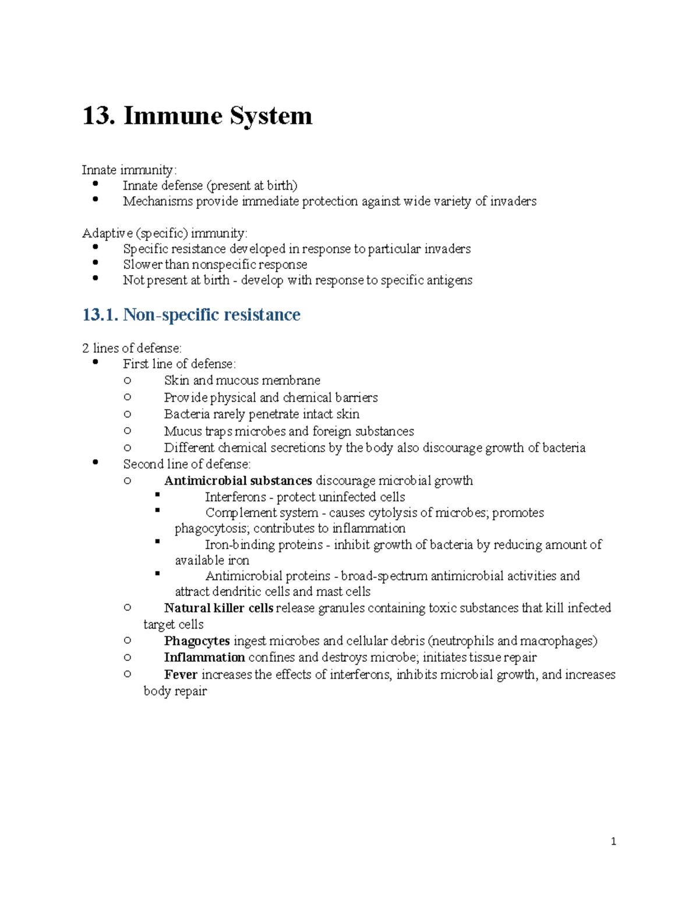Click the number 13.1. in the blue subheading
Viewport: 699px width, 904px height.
point(100,315)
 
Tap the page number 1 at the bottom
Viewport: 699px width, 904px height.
point(613,841)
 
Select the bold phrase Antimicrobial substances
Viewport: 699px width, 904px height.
point(238,481)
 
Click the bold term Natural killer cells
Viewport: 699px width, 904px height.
point(218,608)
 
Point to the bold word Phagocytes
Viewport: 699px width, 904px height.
point(197,641)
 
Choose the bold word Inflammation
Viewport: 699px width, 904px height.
point(204,658)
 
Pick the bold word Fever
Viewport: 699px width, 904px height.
point(181,675)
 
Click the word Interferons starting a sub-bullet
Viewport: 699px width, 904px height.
point(235,497)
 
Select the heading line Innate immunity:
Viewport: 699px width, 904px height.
point(129,170)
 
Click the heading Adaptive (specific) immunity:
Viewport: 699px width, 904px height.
point(165,233)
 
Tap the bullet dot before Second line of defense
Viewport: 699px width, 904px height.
point(96,462)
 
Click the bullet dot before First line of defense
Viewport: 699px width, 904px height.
point(96,362)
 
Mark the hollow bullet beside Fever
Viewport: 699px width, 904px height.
point(128,674)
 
